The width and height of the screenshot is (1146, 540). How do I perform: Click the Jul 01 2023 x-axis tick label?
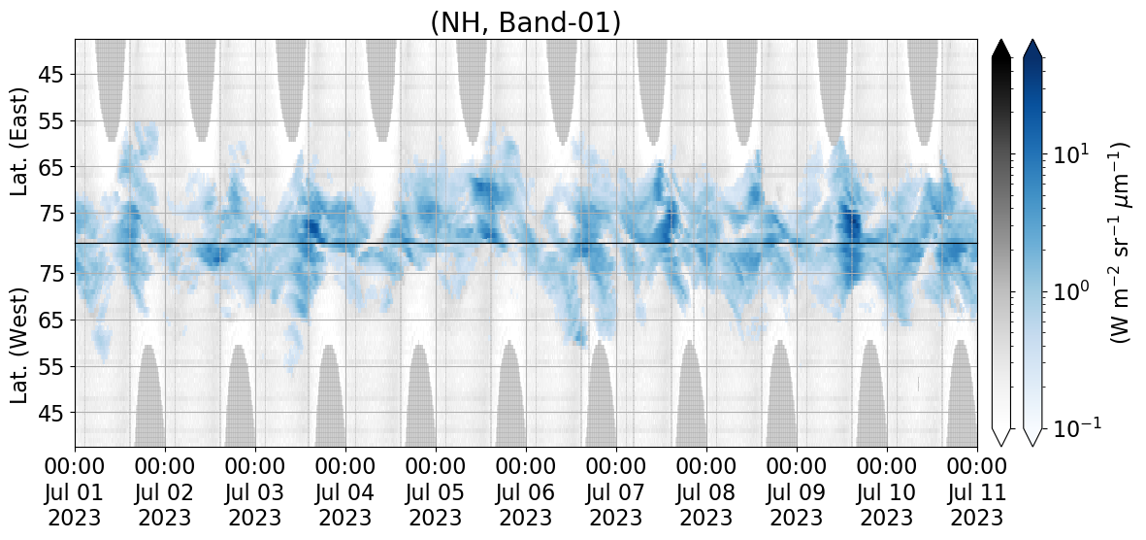[76, 491]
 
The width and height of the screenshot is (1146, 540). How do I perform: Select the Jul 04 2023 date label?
[345, 491]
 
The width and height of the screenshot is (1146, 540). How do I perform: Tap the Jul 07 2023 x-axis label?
[616, 491]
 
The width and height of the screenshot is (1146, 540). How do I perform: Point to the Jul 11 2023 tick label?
[977, 491]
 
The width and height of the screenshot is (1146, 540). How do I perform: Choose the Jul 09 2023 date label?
[797, 491]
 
